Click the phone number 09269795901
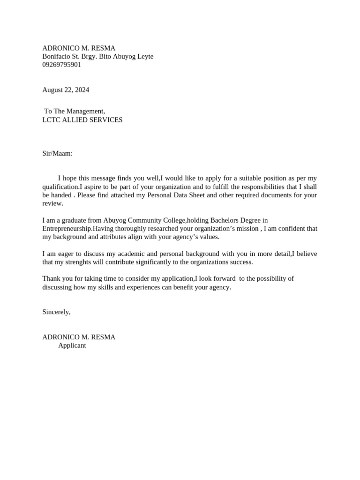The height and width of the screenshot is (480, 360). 61,65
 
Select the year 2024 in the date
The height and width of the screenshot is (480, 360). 81,90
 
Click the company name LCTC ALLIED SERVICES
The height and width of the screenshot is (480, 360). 82,120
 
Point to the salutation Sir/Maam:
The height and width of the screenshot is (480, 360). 57,153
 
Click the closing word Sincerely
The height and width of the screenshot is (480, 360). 56,312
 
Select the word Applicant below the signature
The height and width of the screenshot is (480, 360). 72,345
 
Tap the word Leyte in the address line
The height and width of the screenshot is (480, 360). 144,56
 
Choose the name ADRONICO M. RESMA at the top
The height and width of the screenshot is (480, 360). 79,48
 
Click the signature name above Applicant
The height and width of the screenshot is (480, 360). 79,337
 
